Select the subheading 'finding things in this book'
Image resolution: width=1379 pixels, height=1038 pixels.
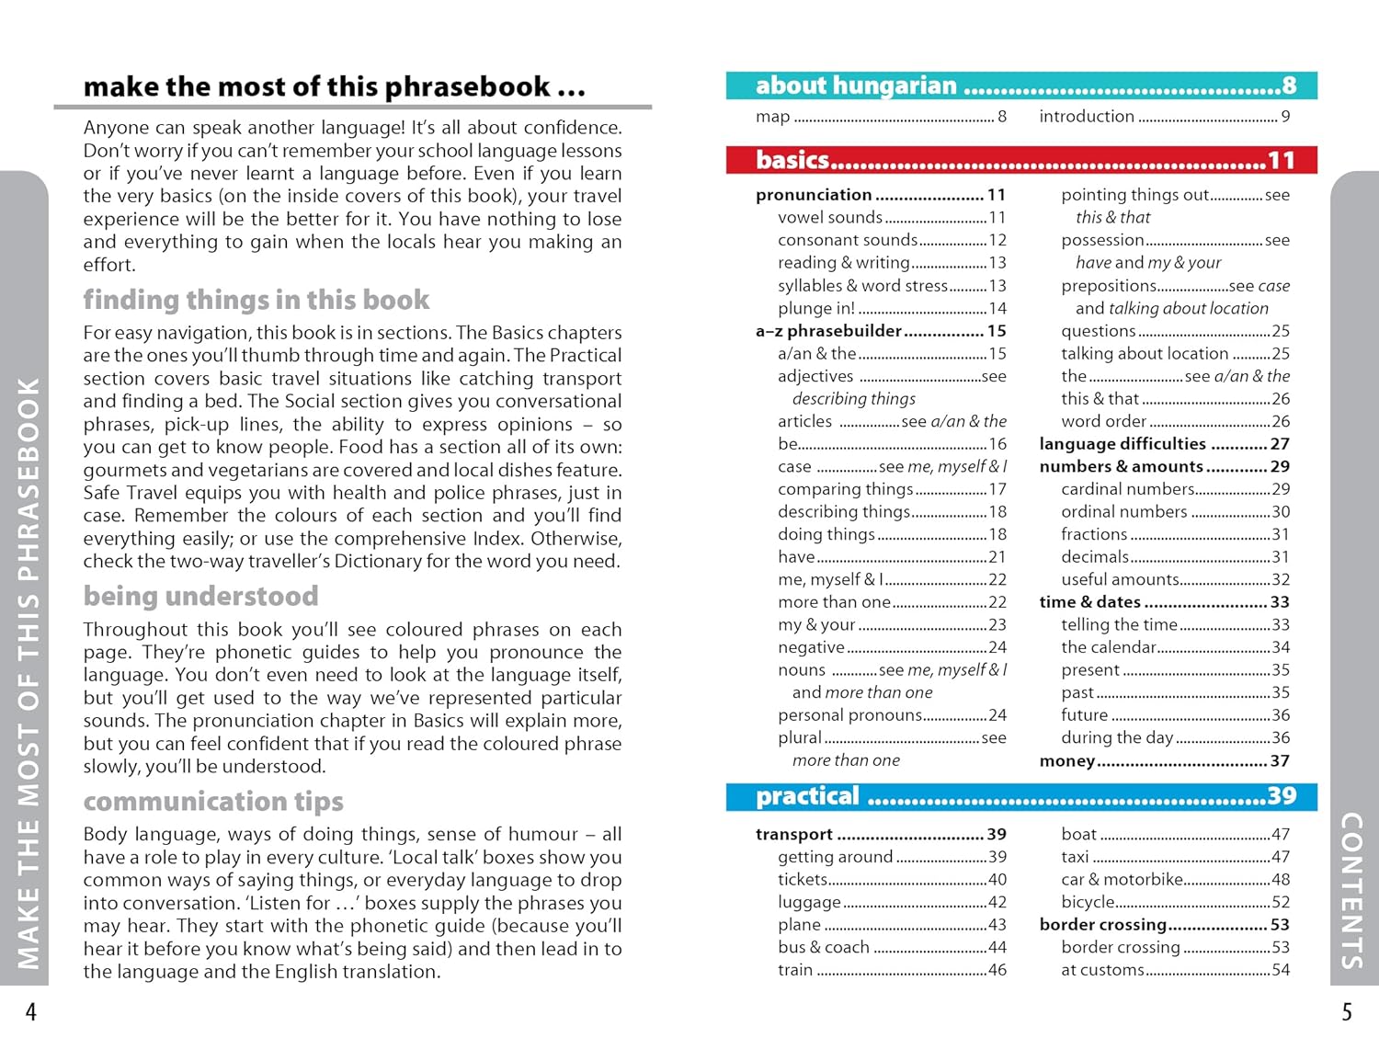[x=256, y=301]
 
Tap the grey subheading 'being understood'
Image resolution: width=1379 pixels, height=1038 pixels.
[x=200, y=597]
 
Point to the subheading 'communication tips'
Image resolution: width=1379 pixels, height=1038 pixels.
[x=213, y=802]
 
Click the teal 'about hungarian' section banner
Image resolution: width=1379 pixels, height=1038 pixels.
[x=1020, y=86]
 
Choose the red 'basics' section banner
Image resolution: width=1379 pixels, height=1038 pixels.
[x=1020, y=160]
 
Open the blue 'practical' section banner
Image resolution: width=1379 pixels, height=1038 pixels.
[x=1020, y=796]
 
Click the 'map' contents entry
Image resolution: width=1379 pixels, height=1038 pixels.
[x=773, y=117]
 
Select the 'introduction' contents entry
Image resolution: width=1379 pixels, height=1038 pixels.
[x=1087, y=117]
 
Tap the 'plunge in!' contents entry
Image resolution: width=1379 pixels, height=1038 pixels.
[x=816, y=309]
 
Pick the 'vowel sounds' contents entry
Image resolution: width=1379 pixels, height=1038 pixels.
[x=829, y=218]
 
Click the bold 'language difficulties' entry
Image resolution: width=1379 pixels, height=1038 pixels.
[x=1123, y=444]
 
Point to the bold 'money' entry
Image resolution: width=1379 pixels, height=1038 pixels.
[x=1066, y=761]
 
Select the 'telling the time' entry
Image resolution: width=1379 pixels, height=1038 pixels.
[x=1119, y=625]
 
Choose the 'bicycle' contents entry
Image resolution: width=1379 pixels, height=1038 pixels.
[x=1088, y=903]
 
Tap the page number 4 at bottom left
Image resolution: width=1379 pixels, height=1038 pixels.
[x=30, y=1012]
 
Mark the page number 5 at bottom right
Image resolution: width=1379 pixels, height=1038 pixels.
[x=1347, y=1012]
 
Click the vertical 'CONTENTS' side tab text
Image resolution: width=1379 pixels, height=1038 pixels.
[x=1351, y=890]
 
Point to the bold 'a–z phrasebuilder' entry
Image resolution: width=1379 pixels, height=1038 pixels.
[x=828, y=331]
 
